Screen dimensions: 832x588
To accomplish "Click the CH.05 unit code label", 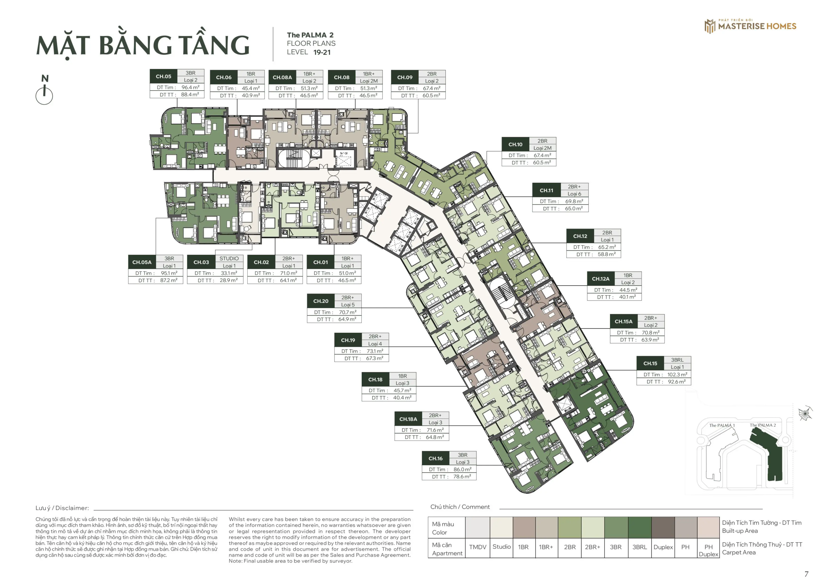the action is tap(163, 76).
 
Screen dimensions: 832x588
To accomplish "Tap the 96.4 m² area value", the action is tap(190, 87).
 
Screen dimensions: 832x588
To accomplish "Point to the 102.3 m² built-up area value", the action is tap(677, 375).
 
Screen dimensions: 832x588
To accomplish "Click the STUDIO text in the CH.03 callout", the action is tap(229, 258).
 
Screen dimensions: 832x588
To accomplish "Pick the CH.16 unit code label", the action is tap(435, 459).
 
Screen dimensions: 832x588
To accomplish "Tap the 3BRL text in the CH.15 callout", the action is tap(677, 360).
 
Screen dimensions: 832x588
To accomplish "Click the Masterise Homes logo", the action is tap(750, 26).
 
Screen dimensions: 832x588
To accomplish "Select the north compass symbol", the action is tap(44, 91).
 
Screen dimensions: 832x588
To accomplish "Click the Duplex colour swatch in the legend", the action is tap(663, 528).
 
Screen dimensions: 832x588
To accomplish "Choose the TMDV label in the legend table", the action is tap(478, 547).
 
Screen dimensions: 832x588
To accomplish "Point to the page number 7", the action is tap(806, 574).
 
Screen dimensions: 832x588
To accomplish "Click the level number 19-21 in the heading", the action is tap(322, 53).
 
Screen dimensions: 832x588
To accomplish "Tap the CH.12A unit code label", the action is tap(601, 279).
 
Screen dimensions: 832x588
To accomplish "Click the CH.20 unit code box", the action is tap(321, 301).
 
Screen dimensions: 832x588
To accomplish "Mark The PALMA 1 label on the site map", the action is tap(722, 425).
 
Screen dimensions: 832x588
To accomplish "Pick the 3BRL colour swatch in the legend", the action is tap(640, 528).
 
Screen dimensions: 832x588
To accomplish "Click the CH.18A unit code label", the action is tap(408, 419).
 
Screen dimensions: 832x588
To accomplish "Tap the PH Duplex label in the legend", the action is tap(708, 551).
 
